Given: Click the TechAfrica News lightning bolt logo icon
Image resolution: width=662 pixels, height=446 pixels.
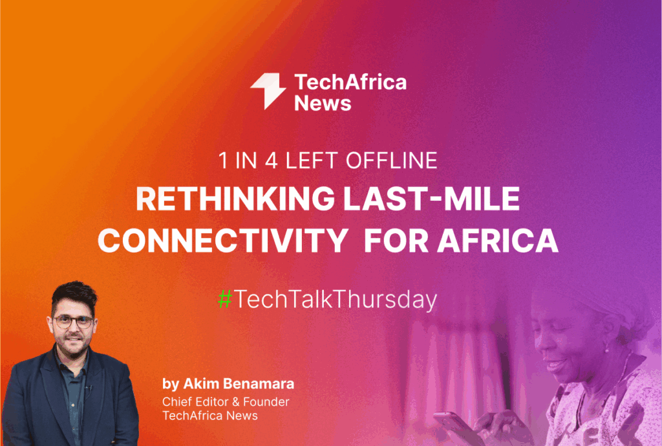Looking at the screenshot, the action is pyautogui.click(x=268, y=91).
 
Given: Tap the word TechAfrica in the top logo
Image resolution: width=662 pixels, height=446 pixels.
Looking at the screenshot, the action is pyautogui.click(x=350, y=82).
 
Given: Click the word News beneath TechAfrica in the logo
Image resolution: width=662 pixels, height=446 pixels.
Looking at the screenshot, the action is pyautogui.click(x=323, y=103).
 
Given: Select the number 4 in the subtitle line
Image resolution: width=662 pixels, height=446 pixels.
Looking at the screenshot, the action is pyautogui.click(x=271, y=161).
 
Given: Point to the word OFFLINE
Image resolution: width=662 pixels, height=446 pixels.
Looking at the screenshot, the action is pyautogui.click(x=391, y=161).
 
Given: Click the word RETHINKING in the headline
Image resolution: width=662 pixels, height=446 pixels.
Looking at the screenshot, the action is pyautogui.click(x=235, y=199).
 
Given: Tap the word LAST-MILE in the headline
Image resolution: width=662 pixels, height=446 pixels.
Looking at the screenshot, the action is pyautogui.click(x=432, y=199).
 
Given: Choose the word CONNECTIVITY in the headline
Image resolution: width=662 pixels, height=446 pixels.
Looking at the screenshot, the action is pyautogui.click(x=223, y=241).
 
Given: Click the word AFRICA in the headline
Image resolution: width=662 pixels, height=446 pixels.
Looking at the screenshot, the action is pyautogui.click(x=498, y=241).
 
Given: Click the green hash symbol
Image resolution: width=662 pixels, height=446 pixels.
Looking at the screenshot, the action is pyautogui.click(x=225, y=299).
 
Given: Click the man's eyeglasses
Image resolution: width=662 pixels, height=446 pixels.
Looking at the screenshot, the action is pyautogui.click(x=73, y=321).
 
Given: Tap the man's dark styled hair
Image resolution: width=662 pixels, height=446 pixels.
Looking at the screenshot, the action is pyautogui.click(x=74, y=296).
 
